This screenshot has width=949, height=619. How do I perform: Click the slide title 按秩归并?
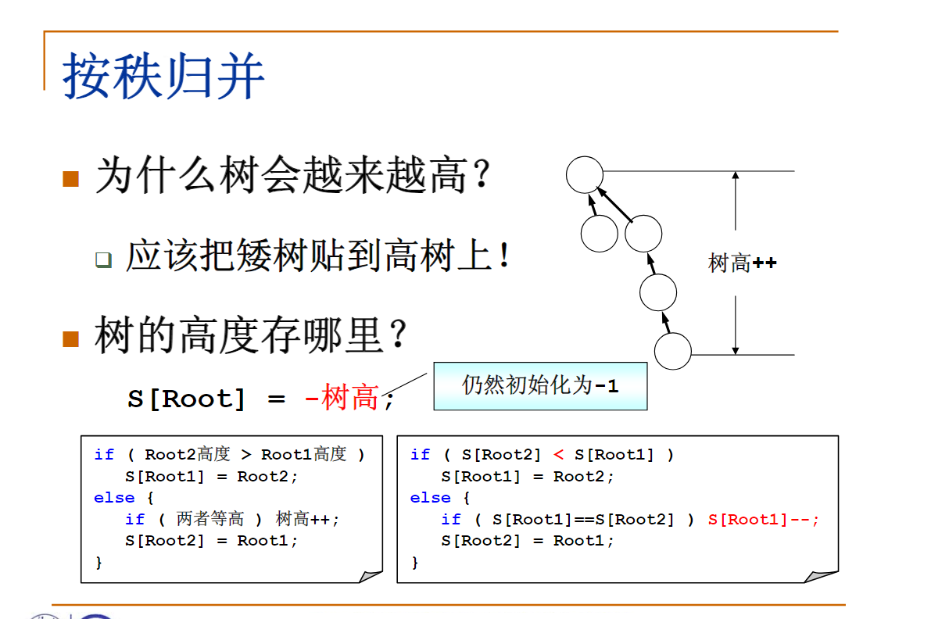point(163,76)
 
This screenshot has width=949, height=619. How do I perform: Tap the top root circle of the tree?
point(585,174)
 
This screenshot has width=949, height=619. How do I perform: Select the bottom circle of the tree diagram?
point(672,351)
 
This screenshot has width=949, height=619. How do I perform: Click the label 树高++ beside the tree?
point(742,263)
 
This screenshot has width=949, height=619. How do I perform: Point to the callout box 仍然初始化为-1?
point(540,385)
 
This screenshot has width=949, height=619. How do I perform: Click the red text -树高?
point(342,399)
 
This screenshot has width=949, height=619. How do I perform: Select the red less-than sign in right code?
point(558,454)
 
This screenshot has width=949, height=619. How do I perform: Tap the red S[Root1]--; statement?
point(764,519)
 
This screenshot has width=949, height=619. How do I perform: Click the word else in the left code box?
point(114,498)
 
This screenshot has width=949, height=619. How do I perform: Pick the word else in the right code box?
point(430,498)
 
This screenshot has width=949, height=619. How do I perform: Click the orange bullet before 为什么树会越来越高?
point(71,178)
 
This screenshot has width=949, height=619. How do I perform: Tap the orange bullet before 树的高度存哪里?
point(71,338)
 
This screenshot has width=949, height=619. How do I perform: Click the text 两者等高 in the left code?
point(210,519)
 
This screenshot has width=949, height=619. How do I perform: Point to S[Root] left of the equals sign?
point(186,399)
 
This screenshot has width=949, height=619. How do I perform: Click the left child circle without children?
point(600,233)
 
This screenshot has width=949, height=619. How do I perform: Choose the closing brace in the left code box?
point(98,562)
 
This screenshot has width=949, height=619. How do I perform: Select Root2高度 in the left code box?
point(188,454)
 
